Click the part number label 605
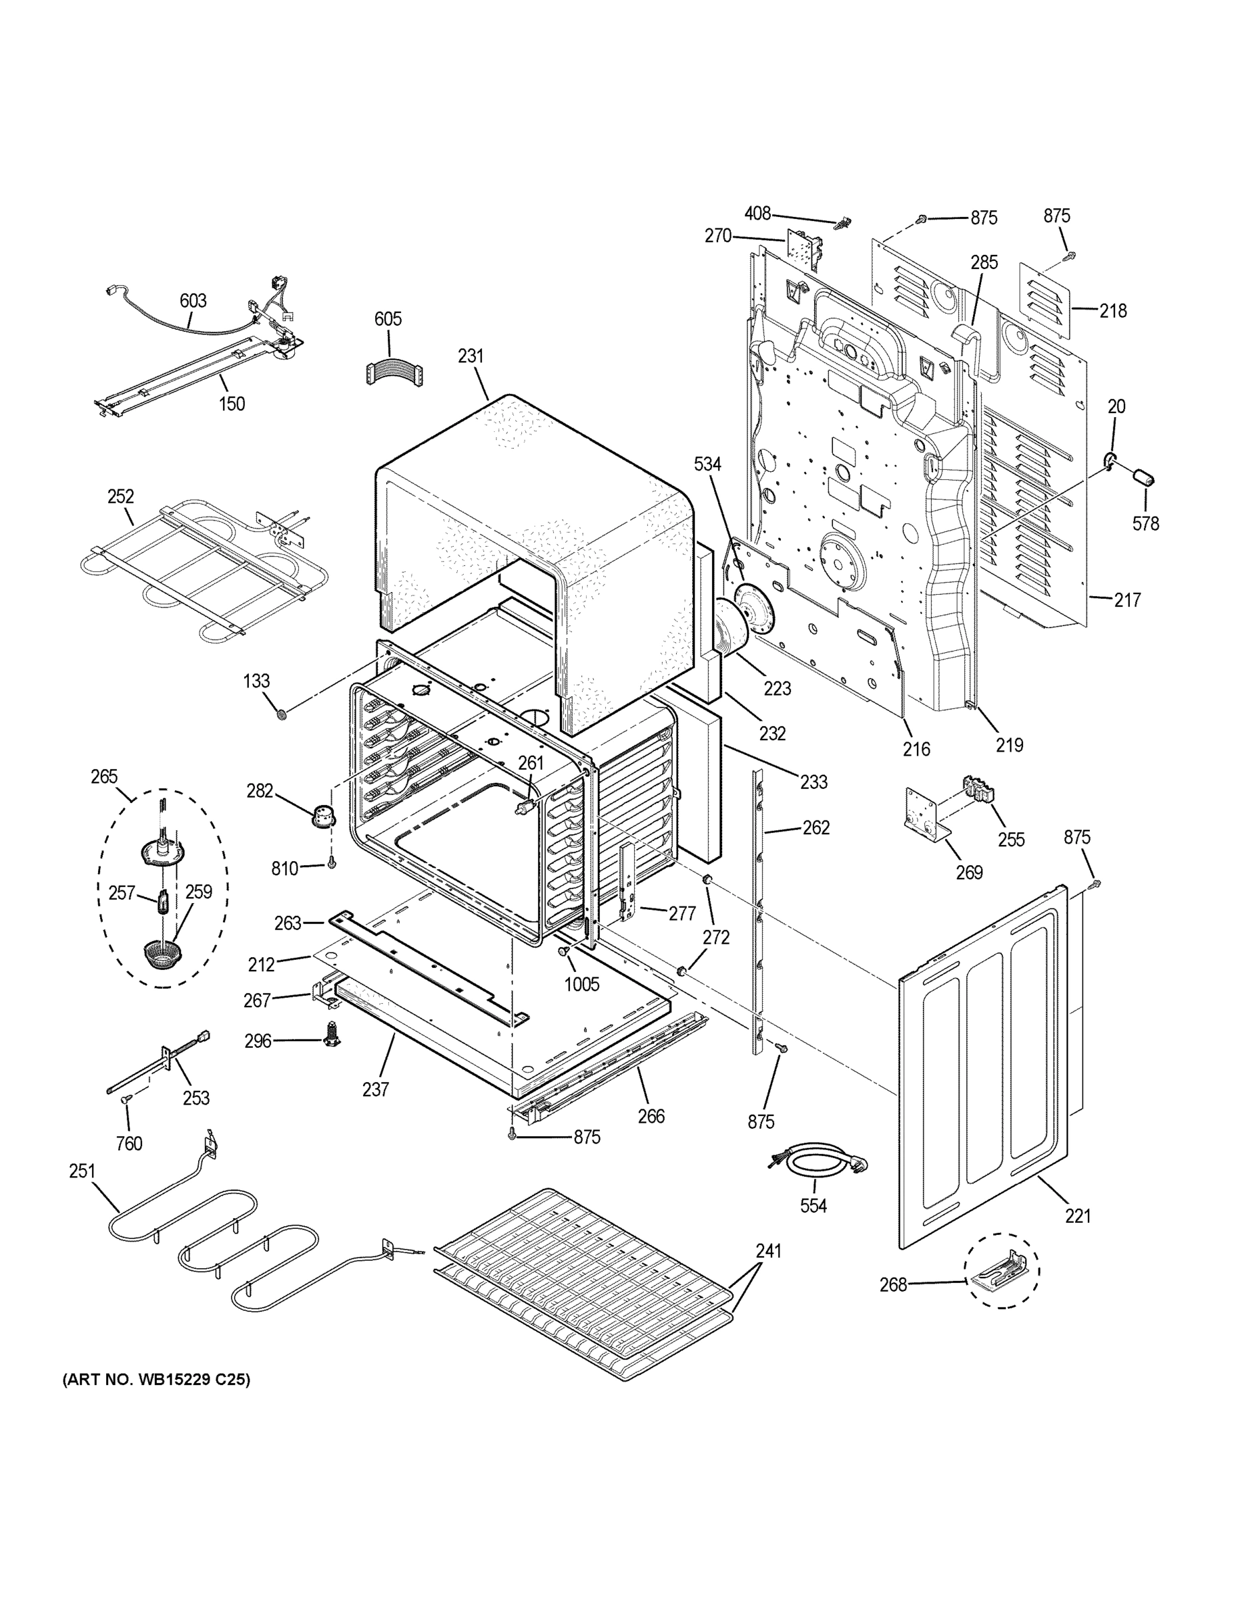[388, 319]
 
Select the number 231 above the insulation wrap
[471, 356]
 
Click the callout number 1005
[581, 984]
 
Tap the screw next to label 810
[332, 865]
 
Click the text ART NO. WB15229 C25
[156, 1380]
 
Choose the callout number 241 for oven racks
[769, 1251]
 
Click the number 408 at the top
[757, 214]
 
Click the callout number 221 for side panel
[1078, 1216]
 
